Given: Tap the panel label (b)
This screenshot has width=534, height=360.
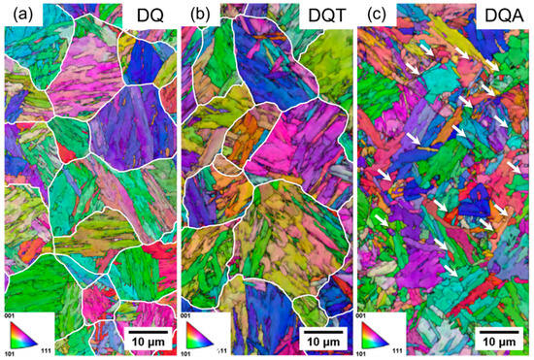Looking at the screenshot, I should [198, 16].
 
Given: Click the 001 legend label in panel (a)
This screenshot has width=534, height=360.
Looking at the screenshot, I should [10, 318].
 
